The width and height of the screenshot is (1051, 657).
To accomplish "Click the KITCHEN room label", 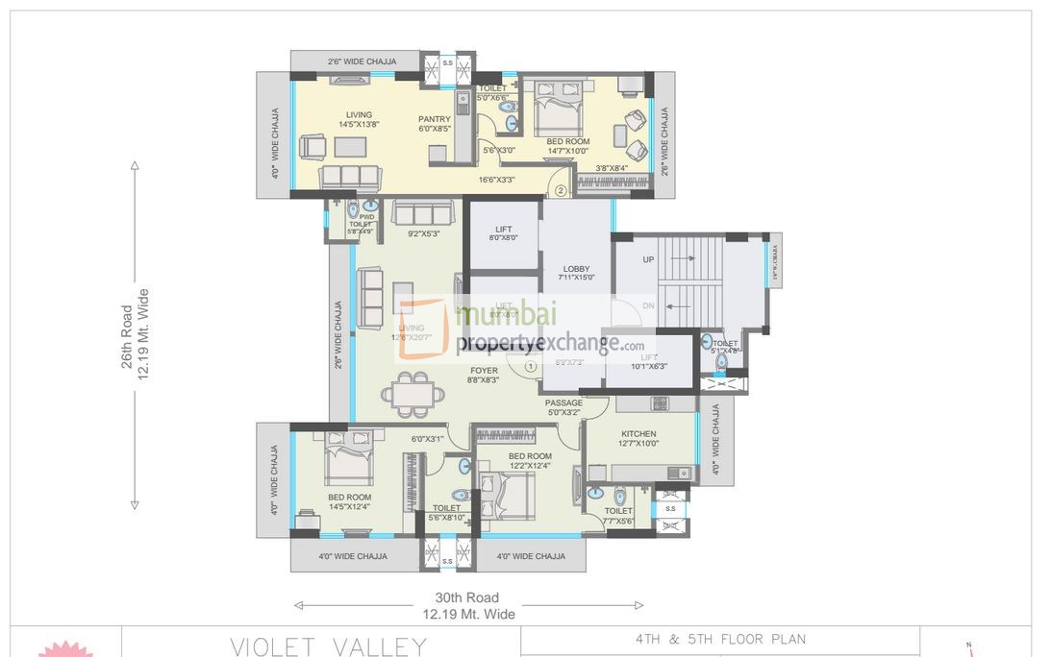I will click(639, 433).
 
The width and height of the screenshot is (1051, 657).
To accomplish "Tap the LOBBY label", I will click(576, 269).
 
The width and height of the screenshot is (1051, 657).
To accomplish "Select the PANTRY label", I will click(435, 119).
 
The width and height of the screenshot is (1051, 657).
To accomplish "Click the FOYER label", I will click(484, 370).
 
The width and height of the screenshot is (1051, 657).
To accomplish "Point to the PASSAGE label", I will click(563, 402).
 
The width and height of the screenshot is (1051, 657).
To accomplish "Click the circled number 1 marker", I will click(530, 365).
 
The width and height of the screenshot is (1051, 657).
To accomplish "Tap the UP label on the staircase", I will click(648, 260).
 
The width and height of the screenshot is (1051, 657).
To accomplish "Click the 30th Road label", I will click(467, 597).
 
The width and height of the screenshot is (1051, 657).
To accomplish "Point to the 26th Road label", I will click(126, 343).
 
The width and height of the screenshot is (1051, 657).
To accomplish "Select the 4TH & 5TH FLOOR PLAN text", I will click(720, 639).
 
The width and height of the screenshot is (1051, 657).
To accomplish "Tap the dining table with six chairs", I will click(413, 394).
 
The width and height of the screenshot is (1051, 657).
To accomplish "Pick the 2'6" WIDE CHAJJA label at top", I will click(362, 61).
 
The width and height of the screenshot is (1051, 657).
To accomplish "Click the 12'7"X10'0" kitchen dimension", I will click(639, 444).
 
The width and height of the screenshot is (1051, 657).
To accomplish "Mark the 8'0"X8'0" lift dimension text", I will click(503, 238).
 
